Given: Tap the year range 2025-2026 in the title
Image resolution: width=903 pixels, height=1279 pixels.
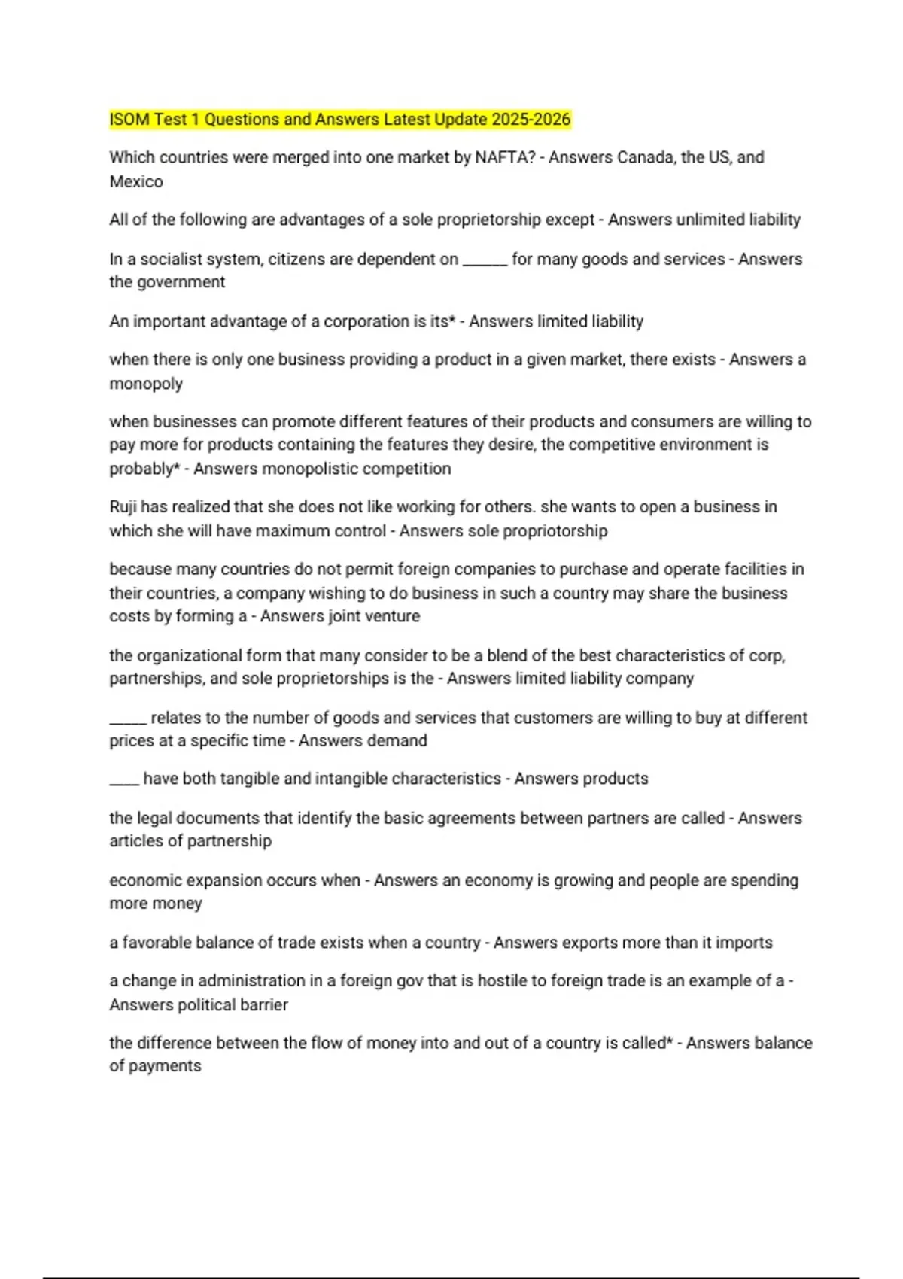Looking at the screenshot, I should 531,120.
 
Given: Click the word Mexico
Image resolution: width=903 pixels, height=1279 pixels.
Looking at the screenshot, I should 136,181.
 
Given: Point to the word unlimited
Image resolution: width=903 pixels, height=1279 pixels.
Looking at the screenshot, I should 710,220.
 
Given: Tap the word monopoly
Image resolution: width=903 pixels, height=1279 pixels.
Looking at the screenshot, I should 146,384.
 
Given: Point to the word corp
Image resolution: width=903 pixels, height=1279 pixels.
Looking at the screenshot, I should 767,655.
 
